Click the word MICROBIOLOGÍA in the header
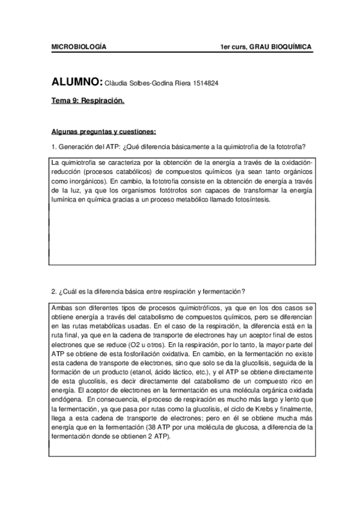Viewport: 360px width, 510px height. tap(79, 47)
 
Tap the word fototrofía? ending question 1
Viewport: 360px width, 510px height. tap(289, 147)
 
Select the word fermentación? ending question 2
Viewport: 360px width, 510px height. tap(224, 292)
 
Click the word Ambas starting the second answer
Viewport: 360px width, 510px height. tap(63, 307)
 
